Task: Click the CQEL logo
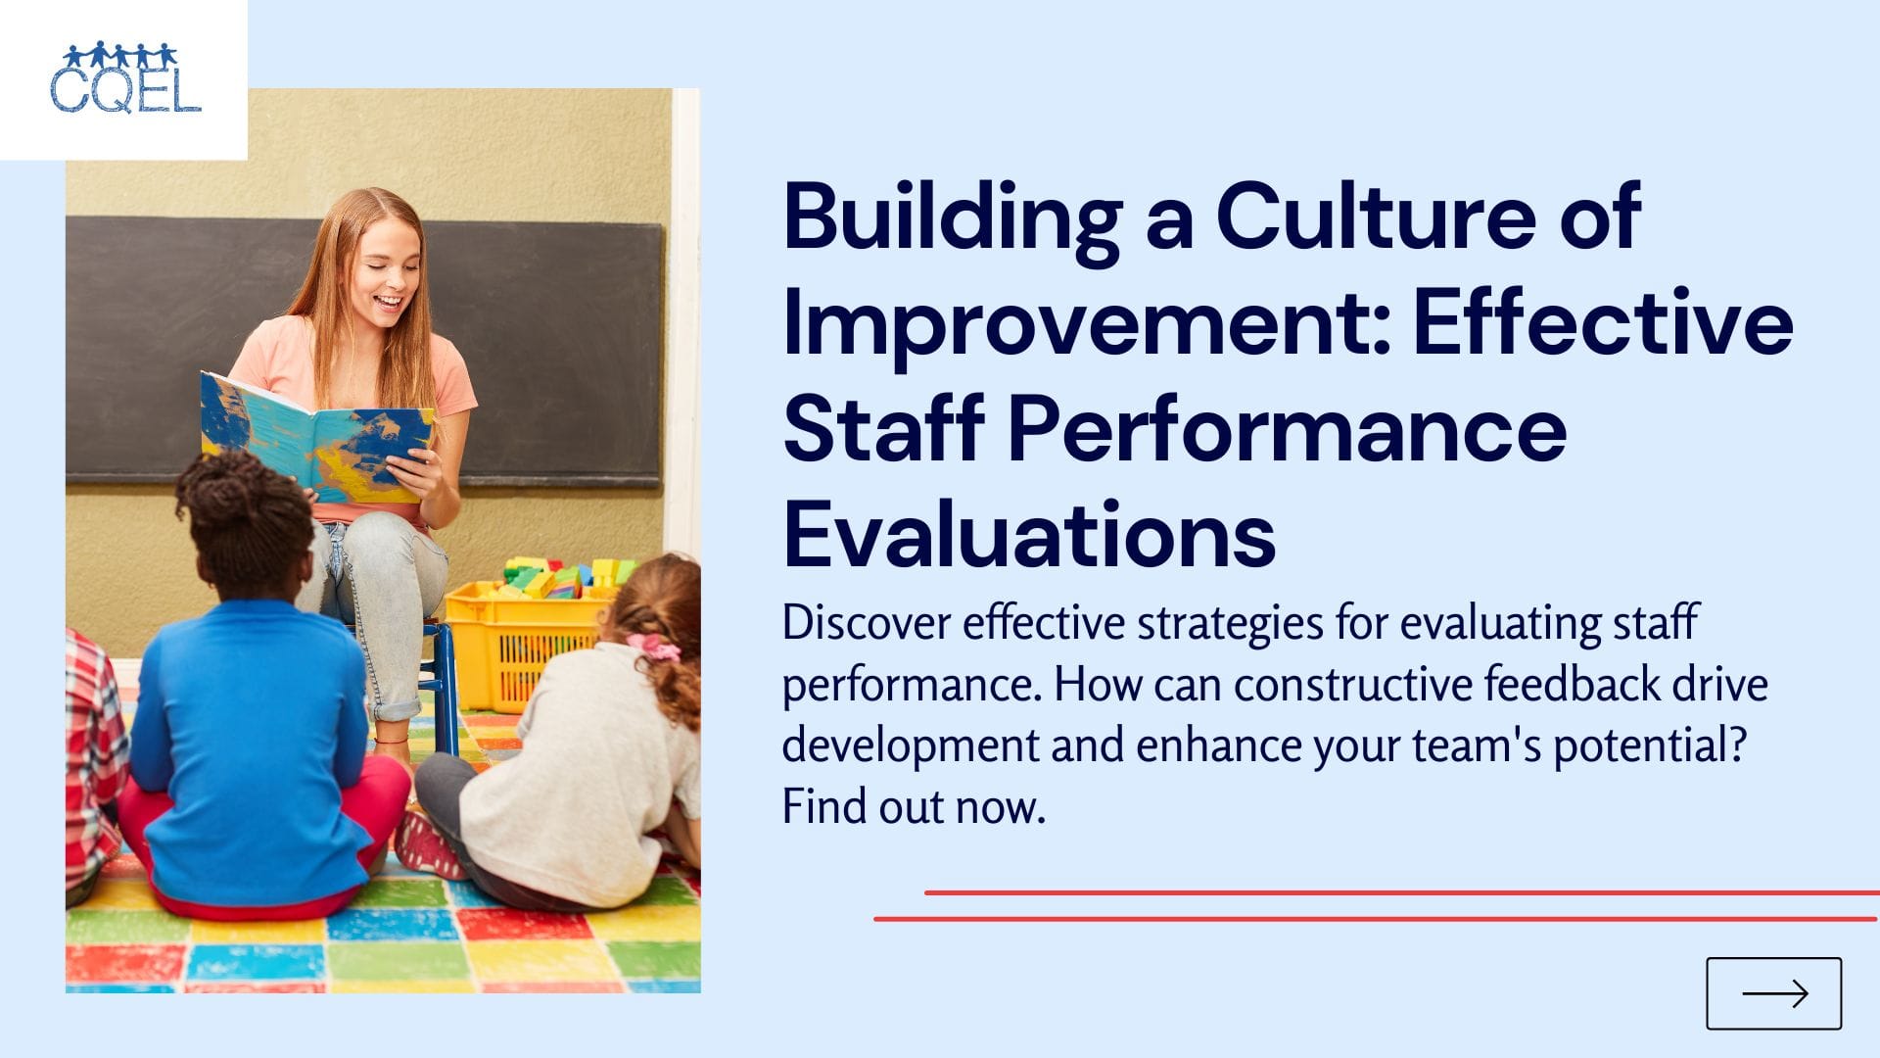pos(125,78)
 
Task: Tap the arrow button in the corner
pos(1773,993)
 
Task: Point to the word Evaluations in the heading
pos(1029,535)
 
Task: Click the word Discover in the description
pos(866,623)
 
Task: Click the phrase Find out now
pos(914,807)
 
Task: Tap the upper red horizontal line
pos(1400,892)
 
